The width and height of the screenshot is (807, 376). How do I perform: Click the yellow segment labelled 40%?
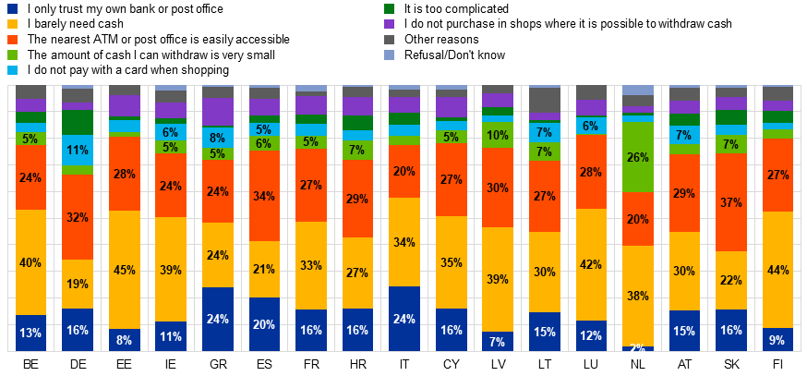(30, 262)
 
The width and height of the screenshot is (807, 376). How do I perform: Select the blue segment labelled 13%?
(30, 333)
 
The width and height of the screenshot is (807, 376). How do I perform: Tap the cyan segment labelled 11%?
(78, 150)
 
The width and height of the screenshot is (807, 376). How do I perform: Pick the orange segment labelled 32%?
(78, 217)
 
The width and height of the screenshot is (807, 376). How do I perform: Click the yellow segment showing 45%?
(124, 270)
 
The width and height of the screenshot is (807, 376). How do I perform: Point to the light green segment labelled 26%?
(637, 157)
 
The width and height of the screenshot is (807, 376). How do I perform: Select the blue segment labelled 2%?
(637, 348)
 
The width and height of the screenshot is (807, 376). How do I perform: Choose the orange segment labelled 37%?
(730, 202)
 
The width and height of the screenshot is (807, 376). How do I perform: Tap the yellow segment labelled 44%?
(777, 270)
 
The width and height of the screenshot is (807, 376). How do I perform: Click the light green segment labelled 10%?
(498, 135)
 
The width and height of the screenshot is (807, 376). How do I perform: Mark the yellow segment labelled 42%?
(591, 264)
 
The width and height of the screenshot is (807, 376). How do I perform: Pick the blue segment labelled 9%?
(777, 339)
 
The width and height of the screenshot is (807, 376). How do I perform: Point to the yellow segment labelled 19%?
(78, 284)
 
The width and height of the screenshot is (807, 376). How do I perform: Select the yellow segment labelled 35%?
(452, 262)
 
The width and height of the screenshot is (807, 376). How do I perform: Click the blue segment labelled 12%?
(591, 335)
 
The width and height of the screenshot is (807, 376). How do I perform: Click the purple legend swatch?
(389, 24)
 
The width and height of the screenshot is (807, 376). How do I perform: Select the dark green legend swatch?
(389, 8)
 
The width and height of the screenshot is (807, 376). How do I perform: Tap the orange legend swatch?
(12, 40)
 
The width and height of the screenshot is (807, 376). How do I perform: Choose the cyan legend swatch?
(12, 70)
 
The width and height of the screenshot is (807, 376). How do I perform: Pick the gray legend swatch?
(389, 40)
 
